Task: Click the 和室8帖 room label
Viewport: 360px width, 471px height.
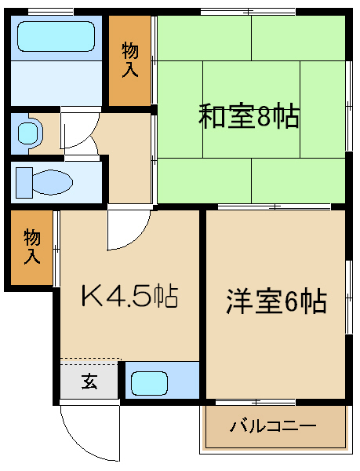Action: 249,118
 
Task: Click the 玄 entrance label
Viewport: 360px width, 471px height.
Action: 89,383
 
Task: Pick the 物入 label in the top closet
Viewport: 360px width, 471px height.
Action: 130,60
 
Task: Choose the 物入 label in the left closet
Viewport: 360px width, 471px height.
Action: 32,246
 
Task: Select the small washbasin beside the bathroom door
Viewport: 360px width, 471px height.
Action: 27,133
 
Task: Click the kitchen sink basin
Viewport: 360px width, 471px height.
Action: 150,384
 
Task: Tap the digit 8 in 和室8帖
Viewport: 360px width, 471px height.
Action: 266,118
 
